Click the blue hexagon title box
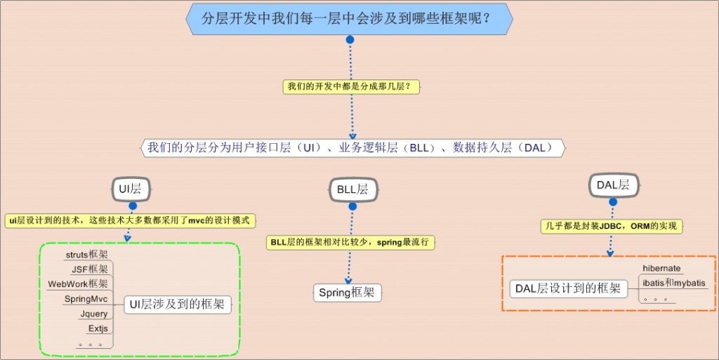[x=349, y=19]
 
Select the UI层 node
[x=131, y=188]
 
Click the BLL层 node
[x=352, y=189]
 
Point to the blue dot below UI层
[x=132, y=206]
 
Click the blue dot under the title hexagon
[x=350, y=40]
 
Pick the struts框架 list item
[x=86, y=255]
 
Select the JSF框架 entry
[x=90, y=269]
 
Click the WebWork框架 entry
[x=78, y=284]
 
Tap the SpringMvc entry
[x=86, y=299]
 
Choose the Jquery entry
[x=94, y=314]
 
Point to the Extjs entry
[x=98, y=328]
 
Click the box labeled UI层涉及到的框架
[x=178, y=305]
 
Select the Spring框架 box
[x=347, y=293]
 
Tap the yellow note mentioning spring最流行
[x=352, y=242]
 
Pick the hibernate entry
[x=661, y=268]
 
